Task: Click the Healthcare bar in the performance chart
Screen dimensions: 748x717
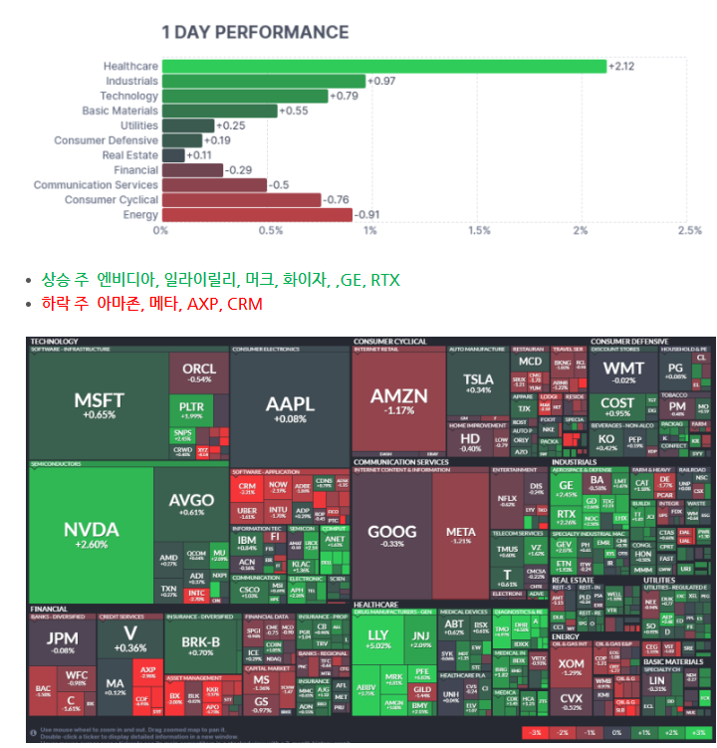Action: (383, 66)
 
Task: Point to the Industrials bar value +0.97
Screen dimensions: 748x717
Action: (381, 81)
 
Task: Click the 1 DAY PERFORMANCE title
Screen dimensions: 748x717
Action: (255, 33)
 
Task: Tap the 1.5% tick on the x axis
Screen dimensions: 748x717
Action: (479, 231)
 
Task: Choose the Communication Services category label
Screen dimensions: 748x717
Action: (96, 185)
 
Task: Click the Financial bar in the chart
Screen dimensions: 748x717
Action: (192, 170)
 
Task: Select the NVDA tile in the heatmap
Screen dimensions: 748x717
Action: (91, 533)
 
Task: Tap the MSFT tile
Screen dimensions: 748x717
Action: (99, 403)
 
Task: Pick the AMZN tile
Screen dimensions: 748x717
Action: (398, 400)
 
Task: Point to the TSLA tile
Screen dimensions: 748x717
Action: (478, 383)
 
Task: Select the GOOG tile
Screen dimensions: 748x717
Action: (391, 536)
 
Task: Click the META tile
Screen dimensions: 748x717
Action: (460, 536)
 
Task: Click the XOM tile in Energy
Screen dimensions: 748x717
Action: (572, 668)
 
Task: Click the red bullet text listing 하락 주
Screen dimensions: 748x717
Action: (151, 303)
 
